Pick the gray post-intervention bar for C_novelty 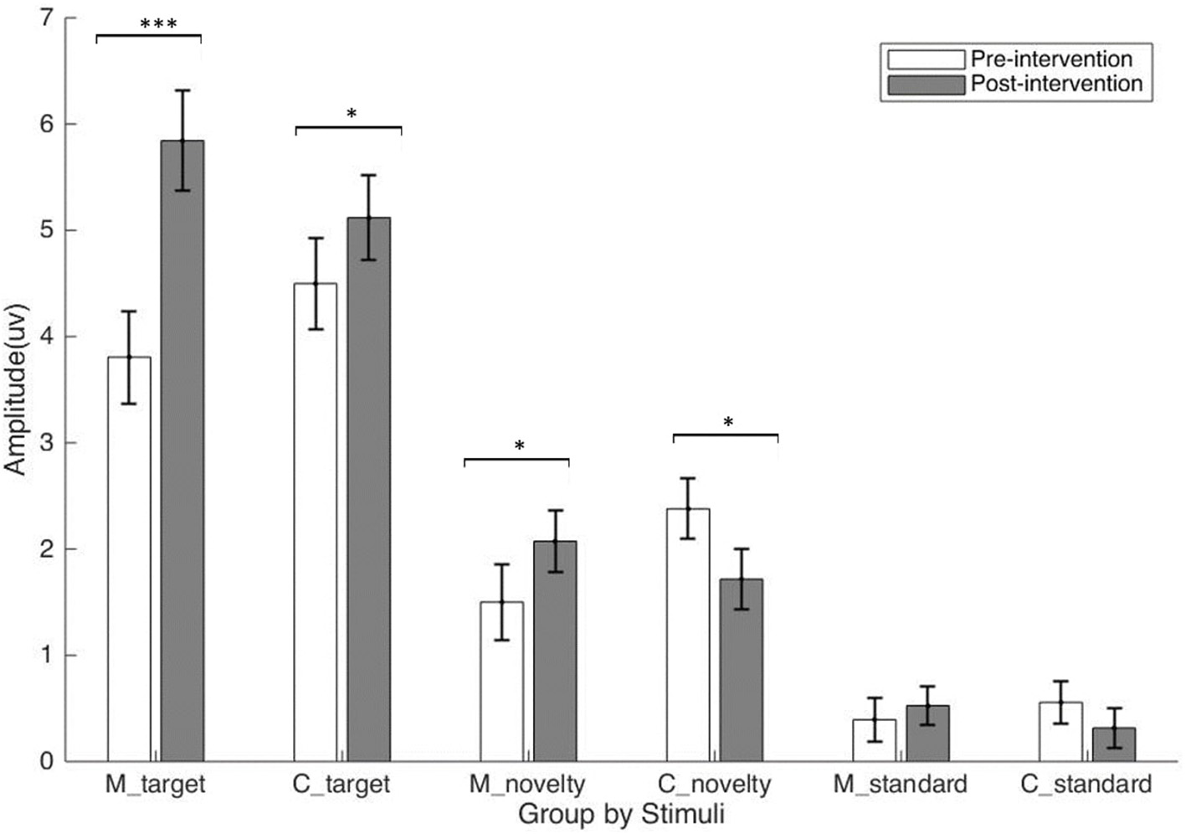click(742, 670)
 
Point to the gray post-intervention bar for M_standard click(927, 734)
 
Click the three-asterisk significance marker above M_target click(158, 24)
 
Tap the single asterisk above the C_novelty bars click(728, 423)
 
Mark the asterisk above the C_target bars click(352, 114)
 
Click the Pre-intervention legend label click(1051, 59)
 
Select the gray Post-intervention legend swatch click(925, 85)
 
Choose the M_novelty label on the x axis click(526, 785)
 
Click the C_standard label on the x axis click(1086, 785)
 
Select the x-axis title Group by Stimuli click(621, 814)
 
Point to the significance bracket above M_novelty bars click(516, 459)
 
